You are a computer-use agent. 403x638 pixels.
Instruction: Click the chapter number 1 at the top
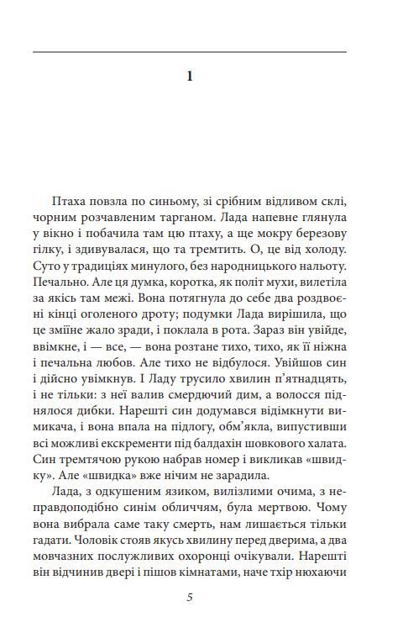190,76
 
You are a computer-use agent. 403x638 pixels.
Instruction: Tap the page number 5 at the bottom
190,598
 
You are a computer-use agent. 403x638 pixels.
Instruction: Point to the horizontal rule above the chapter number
190,52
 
